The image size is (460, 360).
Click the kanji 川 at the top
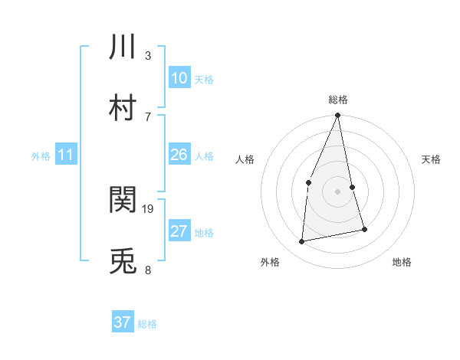click(x=123, y=47)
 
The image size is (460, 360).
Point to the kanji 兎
click(x=123, y=261)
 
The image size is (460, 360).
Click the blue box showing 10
click(x=179, y=78)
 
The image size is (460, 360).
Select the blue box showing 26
click(x=179, y=155)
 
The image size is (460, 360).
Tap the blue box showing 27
click(x=179, y=231)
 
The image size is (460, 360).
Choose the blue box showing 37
click(x=122, y=322)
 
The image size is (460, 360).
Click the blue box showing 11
click(x=65, y=155)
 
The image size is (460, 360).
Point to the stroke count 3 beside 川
click(x=148, y=55)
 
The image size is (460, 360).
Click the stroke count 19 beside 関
click(x=148, y=208)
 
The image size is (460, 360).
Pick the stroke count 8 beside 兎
click(x=148, y=270)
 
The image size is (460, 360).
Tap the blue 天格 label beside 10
click(x=204, y=79)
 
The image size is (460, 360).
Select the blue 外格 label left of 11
click(x=41, y=155)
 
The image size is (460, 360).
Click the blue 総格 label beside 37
click(x=147, y=323)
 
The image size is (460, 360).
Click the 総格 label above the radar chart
click(x=337, y=100)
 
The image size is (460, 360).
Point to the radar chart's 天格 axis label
click(x=432, y=159)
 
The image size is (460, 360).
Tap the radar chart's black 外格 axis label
click(x=270, y=262)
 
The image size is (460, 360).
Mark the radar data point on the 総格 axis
click(x=337, y=116)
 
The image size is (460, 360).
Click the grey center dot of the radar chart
click(x=337, y=191)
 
